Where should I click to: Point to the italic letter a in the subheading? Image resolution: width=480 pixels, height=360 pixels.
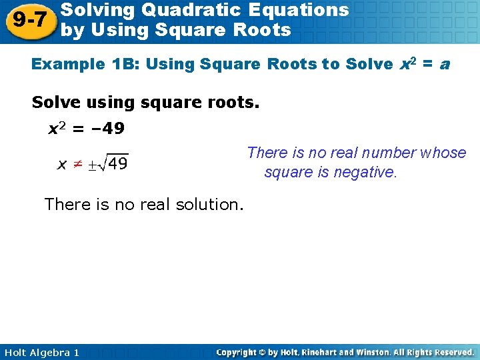click(x=444, y=65)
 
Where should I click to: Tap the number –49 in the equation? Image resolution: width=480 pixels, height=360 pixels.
click(x=107, y=128)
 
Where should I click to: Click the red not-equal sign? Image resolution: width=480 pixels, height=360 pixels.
click(x=79, y=163)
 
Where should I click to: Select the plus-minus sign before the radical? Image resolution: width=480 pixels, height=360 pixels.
click(x=95, y=164)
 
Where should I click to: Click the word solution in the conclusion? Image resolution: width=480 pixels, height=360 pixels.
click(x=211, y=204)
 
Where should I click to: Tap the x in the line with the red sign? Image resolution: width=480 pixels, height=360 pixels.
click(x=61, y=164)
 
